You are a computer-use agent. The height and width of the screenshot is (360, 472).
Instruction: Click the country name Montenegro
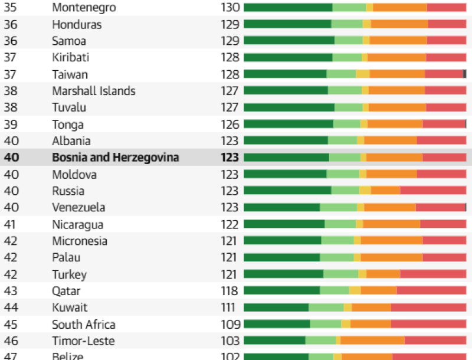84,8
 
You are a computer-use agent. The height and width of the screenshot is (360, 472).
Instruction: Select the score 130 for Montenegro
230,8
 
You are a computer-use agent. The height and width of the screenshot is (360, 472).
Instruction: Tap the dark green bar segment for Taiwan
285,74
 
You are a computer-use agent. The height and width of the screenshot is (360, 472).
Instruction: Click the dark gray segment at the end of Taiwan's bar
464,74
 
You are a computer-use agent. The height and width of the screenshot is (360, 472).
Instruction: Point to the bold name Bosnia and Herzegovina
116,158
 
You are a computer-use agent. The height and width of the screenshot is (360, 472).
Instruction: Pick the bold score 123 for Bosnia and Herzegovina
230,158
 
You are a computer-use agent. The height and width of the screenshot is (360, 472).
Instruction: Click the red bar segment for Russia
433,191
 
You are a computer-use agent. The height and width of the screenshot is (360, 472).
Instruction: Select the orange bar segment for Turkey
383,274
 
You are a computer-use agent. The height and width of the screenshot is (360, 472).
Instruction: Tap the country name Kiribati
70,57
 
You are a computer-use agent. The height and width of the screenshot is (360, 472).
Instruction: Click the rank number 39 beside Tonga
10,125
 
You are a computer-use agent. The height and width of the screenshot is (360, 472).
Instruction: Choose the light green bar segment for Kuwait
326,307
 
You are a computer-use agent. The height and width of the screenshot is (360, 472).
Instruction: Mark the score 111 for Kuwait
228,307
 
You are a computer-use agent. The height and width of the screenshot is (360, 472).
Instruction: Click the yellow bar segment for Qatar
355,290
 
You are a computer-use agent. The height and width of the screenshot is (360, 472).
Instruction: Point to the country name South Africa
84,325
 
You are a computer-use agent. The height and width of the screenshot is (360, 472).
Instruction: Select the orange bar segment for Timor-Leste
373,341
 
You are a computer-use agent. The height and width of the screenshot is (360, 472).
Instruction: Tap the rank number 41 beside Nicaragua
9,224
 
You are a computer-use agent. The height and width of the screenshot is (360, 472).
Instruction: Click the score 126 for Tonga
230,125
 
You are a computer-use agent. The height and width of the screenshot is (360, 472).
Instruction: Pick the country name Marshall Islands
94,91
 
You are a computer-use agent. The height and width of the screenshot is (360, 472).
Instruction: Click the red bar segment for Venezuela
441,207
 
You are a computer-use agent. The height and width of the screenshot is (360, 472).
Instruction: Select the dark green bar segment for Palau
282,257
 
